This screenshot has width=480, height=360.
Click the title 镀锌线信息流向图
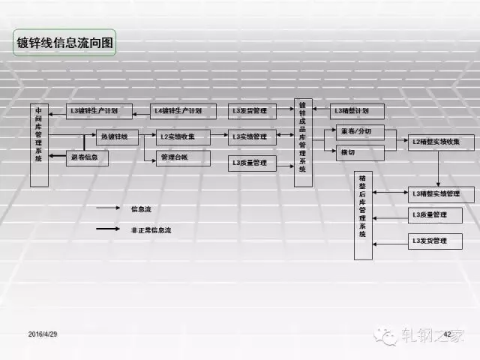point(66,43)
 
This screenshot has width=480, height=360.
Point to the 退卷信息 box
point(88,158)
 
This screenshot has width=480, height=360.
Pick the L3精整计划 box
point(357,111)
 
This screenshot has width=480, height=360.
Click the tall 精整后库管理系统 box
point(364,214)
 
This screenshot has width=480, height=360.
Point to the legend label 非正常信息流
point(151,230)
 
